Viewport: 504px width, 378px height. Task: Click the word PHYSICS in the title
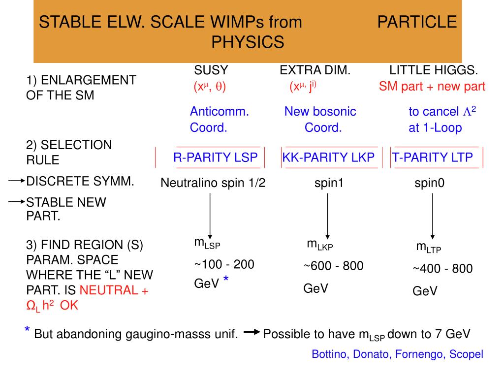(248, 42)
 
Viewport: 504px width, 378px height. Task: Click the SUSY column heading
(211, 70)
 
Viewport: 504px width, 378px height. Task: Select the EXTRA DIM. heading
(315, 70)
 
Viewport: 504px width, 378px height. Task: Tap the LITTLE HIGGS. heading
(434, 70)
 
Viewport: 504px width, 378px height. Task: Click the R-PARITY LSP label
(215, 157)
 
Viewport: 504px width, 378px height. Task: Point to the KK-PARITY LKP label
(328, 157)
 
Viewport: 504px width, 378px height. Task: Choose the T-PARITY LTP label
(433, 157)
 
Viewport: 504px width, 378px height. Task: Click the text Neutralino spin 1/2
(213, 184)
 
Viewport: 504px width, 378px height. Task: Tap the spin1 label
(329, 184)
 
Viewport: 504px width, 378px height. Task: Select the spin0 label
(429, 184)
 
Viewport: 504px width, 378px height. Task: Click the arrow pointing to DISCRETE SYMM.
(16, 181)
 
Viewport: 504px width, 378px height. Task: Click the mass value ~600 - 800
(333, 266)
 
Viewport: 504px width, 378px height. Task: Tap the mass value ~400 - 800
(442, 269)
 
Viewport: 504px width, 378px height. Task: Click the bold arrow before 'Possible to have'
(251, 333)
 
